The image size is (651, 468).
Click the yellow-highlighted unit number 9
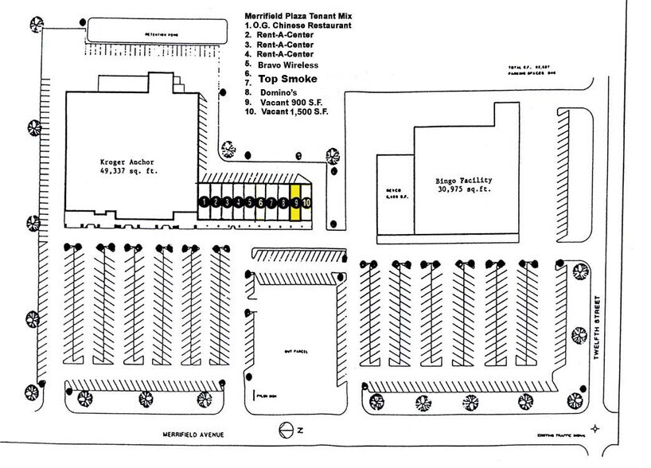[295, 203]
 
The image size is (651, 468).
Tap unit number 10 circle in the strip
[306, 203]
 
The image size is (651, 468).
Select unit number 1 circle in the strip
[205, 203]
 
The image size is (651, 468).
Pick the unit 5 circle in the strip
[249, 203]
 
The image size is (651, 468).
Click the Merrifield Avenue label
[193, 435]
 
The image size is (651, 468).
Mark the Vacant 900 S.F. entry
[292, 102]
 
